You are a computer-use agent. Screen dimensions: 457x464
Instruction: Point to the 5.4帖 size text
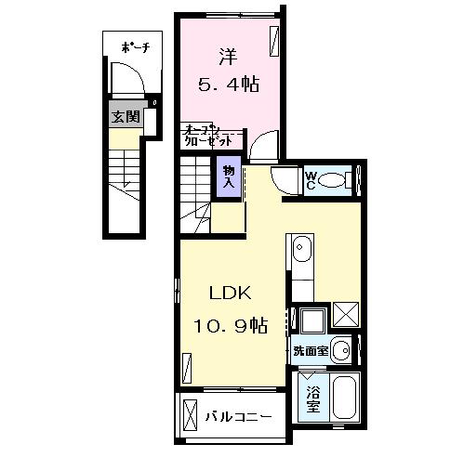click(x=228, y=85)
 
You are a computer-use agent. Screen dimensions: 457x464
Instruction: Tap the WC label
click(x=313, y=180)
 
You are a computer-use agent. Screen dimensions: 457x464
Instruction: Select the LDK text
click(x=230, y=292)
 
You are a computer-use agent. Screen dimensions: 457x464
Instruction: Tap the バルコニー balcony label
click(x=239, y=415)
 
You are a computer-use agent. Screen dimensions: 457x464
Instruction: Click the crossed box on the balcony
click(x=191, y=415)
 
